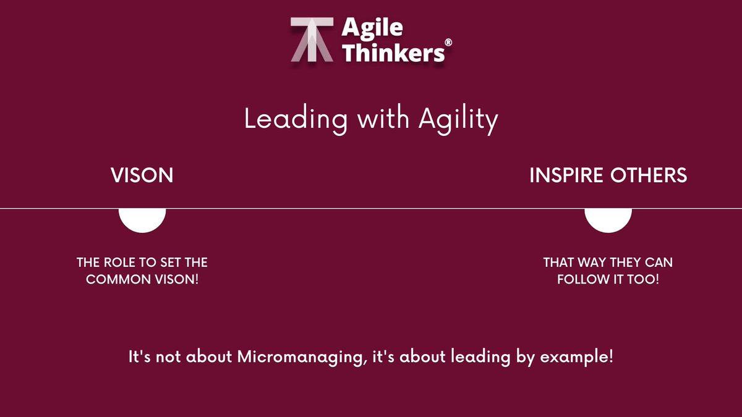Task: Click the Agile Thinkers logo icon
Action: point(312,39)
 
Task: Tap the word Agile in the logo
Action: point(373,27)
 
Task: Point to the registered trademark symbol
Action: point(448,42)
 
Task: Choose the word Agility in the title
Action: point(458,119)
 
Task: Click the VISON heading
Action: point(142,175)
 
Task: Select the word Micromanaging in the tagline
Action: point(300,358)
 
